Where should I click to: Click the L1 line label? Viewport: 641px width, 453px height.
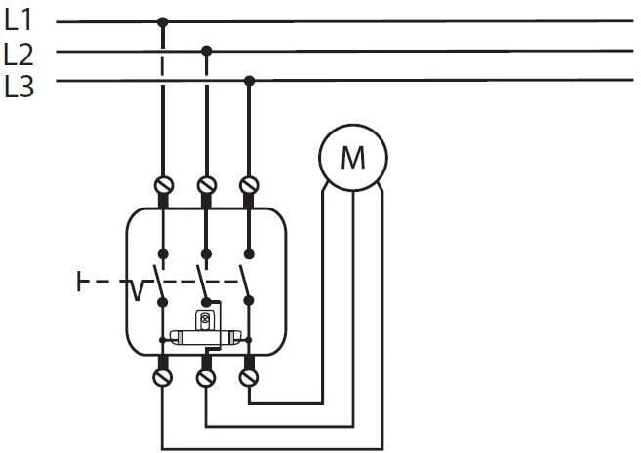pyautogui.click(x=20, y=19)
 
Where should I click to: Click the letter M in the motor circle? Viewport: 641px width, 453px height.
pyautogui.click(x=352, y=156)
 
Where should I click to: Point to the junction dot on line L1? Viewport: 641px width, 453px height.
pyautogui.click(x=162, y=20)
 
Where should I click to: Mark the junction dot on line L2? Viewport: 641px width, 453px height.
pyautogui.click(x=206, y=50)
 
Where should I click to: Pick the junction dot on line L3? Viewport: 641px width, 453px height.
pyautogui.click(x=249, y=80)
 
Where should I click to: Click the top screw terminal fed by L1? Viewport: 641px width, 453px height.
pyautogui.click(x=163, y=183)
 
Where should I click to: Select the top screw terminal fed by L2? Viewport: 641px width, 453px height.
pyautogui.click(x=206, y=183)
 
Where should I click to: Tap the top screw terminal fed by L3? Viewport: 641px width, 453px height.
pyautogui.click(x=249, y=183)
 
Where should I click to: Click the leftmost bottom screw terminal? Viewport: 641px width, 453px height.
pyautogui.click(x=163, y=375)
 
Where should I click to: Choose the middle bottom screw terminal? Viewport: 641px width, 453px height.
pyautogui.click(x=206, y=375)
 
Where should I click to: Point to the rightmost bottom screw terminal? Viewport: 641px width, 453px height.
pyautogui.click(x=249, y=375)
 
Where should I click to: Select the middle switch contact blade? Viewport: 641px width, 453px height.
pyautogui.click(x=201, y=278)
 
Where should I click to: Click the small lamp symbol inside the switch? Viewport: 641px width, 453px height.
pyautogui.click(x=204, y=319)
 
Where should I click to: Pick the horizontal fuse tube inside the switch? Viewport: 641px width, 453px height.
pyautogui.click(x=204, y=338)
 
